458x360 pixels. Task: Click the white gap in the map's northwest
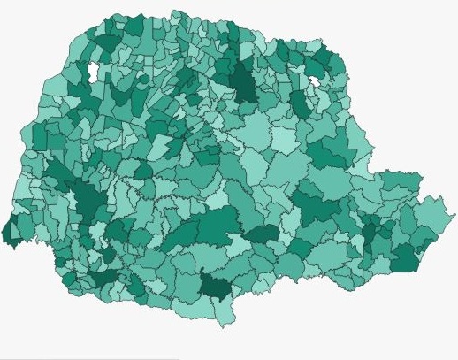pos(93,71)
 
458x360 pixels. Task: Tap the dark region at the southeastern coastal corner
pos(404,259)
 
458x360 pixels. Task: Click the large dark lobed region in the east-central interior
pos(316,209)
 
